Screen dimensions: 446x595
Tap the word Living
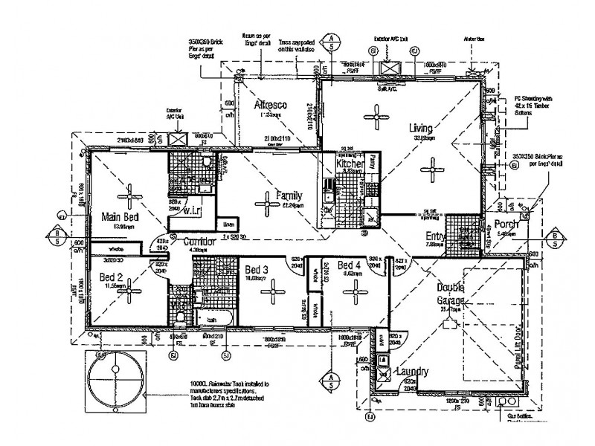(420, 128)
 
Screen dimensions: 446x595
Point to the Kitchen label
(350, 164)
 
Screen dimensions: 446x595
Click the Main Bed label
(120, 217)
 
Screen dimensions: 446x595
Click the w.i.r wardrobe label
(193, 199)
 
